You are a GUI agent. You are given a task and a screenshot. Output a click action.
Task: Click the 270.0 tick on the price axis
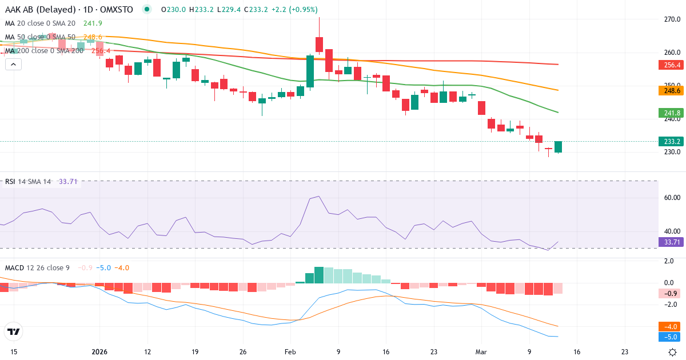[x=671, y=19]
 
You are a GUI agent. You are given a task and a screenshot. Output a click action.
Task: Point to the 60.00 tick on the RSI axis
[x=671, y=198]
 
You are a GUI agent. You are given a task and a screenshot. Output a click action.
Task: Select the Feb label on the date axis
[x=290, y=352]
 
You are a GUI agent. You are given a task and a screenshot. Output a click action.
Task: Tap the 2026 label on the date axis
[x=99, y=352]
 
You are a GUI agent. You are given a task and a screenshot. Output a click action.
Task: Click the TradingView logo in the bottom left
[x=13, y=331]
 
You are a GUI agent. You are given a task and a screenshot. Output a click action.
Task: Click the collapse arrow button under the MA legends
[x=13, y=65]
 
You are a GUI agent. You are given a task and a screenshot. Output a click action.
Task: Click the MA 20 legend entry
[x=40, y=23]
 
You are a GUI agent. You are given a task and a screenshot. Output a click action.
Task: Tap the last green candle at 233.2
[x=558, y=147]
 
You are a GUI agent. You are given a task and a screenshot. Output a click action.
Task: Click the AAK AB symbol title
[x=40, y=10]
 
